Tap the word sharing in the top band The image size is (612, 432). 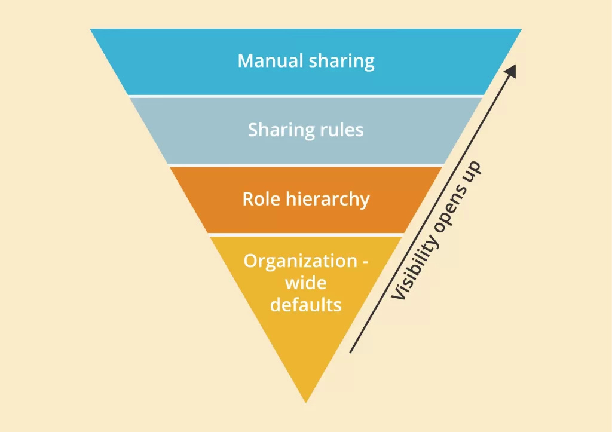coord(341,62)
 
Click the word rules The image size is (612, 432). coord(342,130)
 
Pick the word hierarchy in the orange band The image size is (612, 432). coord(328,200)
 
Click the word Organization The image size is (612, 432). coord(301,262)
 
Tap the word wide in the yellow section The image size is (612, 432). coord(305,283)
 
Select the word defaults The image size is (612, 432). coord(305,305)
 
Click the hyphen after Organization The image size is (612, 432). coord(365,262)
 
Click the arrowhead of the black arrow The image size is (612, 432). coord(512,71)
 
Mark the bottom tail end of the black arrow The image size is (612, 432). coord(350,353)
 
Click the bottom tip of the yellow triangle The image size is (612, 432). coord(306,402)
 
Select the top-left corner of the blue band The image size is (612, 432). coord(90,29)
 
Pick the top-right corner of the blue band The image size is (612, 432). coord(522,29)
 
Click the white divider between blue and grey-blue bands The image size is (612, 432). coord(306,96)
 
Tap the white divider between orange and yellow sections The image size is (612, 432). coord(306,235)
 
